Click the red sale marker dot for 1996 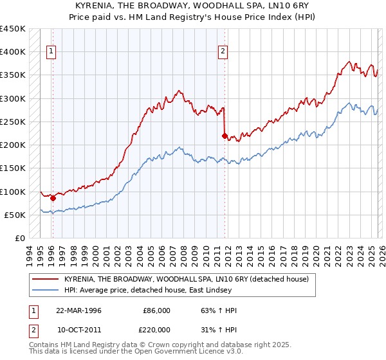click(53, 199)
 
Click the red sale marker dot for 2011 click(225, 136)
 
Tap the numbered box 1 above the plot click(51, 53)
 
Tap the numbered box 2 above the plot click(223, 53)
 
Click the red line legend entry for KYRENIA click(187, 279)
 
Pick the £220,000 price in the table click(156, 330)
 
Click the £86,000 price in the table click(156, 310)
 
